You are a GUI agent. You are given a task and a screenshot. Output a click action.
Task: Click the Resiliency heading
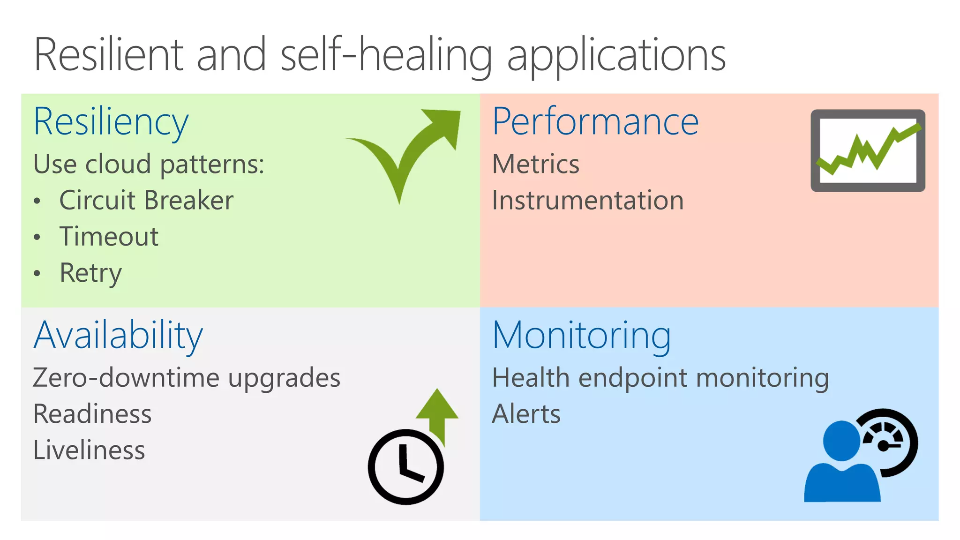111,122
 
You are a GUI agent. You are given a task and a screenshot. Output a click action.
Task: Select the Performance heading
595,122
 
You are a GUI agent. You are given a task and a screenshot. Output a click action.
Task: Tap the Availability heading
118,336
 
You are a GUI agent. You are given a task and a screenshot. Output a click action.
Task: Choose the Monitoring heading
582,336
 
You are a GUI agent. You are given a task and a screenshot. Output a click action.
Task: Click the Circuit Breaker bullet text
146,201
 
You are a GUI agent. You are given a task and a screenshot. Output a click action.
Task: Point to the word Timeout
109,237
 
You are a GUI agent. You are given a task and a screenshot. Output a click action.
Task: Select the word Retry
90,273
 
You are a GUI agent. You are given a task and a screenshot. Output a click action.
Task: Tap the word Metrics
536,165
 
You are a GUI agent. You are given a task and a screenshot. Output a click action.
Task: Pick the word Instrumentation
588,201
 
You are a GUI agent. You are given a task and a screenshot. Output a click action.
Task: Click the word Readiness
92,414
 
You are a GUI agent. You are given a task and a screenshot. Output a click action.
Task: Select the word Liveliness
89,450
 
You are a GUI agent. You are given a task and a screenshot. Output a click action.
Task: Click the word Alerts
526,414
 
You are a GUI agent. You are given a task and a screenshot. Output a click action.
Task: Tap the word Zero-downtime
126,378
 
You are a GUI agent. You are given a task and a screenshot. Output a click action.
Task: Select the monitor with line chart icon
868,150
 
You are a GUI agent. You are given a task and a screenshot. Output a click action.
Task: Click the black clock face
406,467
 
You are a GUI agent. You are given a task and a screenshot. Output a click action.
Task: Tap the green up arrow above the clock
437,412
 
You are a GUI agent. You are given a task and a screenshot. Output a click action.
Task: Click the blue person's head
841,441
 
